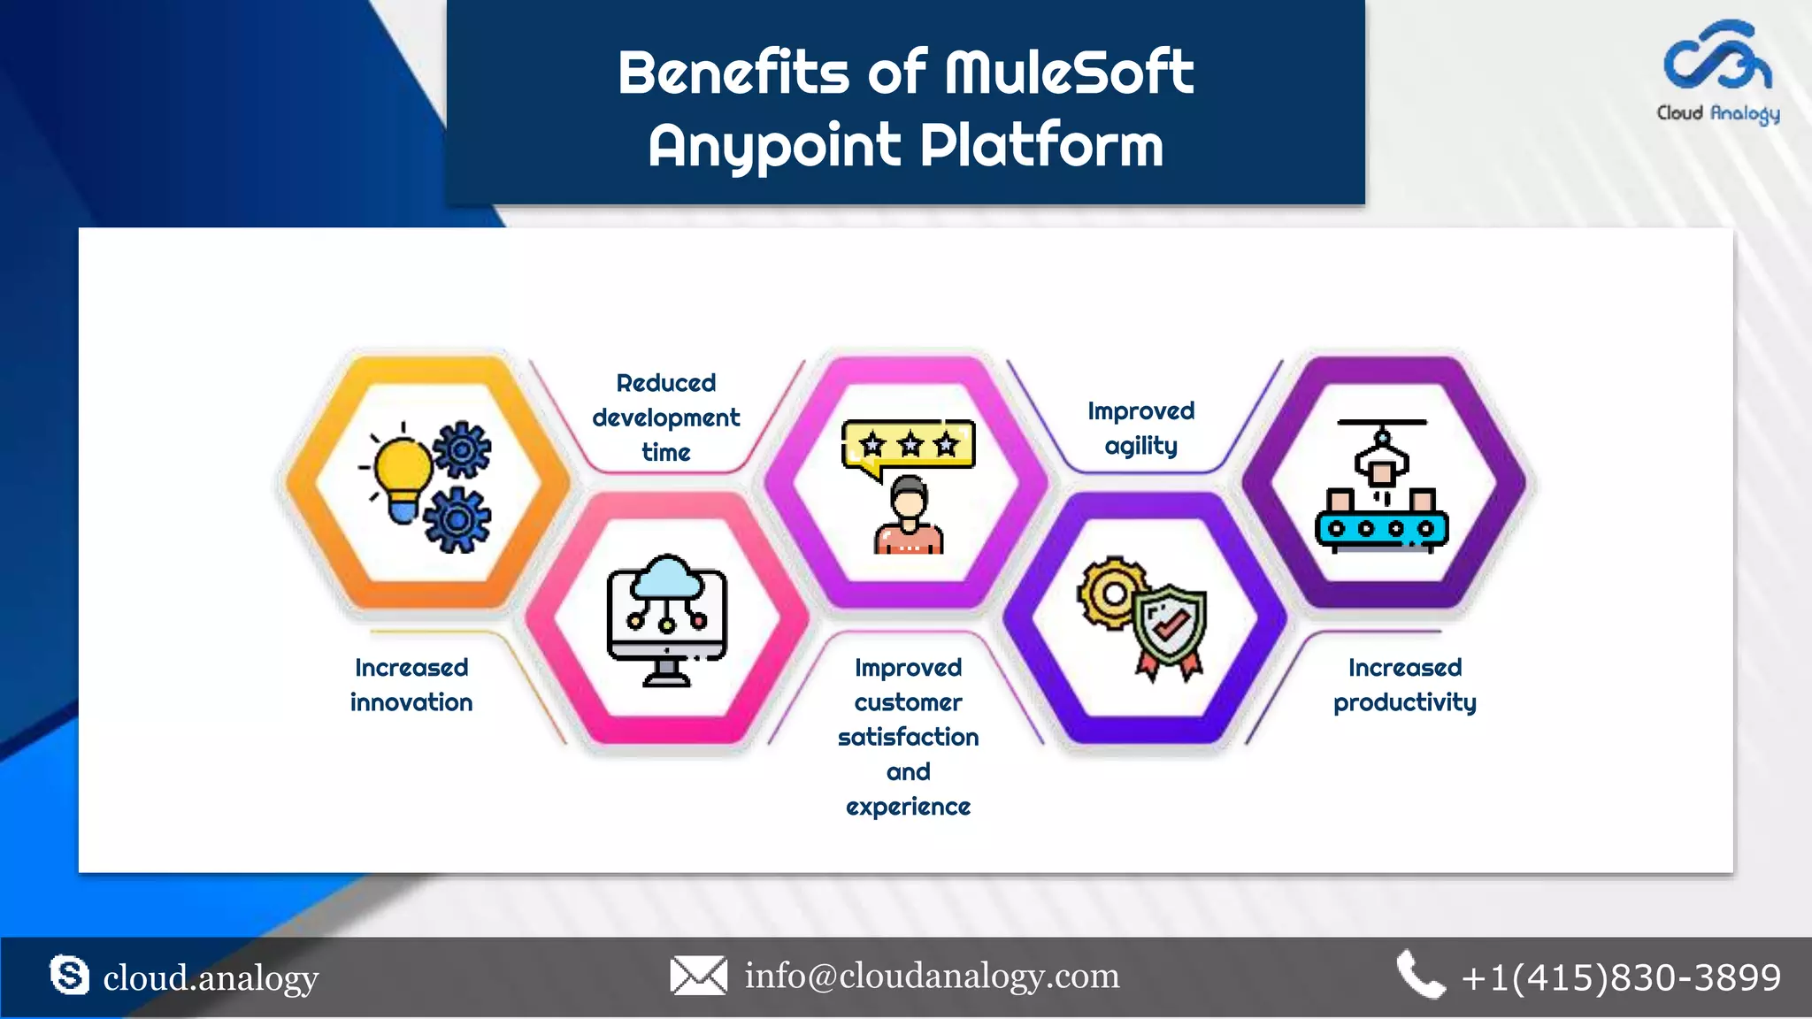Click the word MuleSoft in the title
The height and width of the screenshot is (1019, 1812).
coord(1069,73)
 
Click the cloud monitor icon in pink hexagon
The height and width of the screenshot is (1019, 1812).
coord(666,619)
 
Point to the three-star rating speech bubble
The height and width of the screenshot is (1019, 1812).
coord(909,445)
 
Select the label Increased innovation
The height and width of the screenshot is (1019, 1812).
coord(411,685)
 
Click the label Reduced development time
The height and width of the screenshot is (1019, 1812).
coord(666,418)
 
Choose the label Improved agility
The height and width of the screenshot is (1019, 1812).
coord(1140,428)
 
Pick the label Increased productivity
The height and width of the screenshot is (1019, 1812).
coord(1404,685)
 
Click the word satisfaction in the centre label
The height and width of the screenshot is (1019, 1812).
coord(908,737)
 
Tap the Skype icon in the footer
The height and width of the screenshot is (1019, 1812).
coord(69,975)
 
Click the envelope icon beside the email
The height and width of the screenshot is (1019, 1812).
coord(698,976)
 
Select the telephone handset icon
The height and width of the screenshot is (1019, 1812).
coord(1419,975)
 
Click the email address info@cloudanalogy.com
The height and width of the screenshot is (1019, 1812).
coord(932,976)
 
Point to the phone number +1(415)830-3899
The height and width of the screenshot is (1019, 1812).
coord(1621,977)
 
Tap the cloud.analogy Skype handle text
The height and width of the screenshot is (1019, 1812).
coord(211,978)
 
